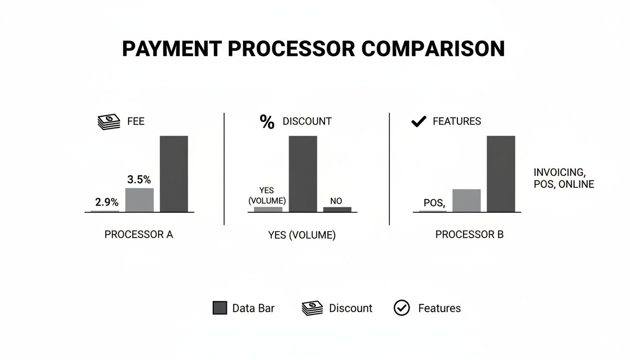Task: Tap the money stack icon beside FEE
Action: (x=109, y=122)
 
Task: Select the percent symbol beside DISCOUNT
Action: (x=267, y=122)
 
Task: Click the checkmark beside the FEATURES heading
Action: (x=418, y=122)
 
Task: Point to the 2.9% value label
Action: (x=107, y=202)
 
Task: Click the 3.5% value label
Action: (x=139, y=180)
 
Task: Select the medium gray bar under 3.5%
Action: (x=139, y=200)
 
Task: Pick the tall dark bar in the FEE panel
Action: (x=174, y=174)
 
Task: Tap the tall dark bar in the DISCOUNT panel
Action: (x=303, y=174)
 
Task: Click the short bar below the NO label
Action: (x=337, y=210)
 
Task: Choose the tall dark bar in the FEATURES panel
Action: (x=501, y=174)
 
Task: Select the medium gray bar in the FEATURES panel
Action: (x=466, y=201)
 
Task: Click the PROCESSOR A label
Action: (x=139, y=234)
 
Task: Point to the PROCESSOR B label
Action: (x=469, y=234)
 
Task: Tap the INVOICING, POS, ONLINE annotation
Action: (x=563, y=178)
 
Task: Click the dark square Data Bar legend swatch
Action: (x=220, y=308)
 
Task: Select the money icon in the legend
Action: (x=313, y=308)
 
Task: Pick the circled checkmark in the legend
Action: (x=402, y=308)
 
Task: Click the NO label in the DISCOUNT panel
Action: (x=336, y=201)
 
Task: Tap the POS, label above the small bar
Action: (x=434, y=203)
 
